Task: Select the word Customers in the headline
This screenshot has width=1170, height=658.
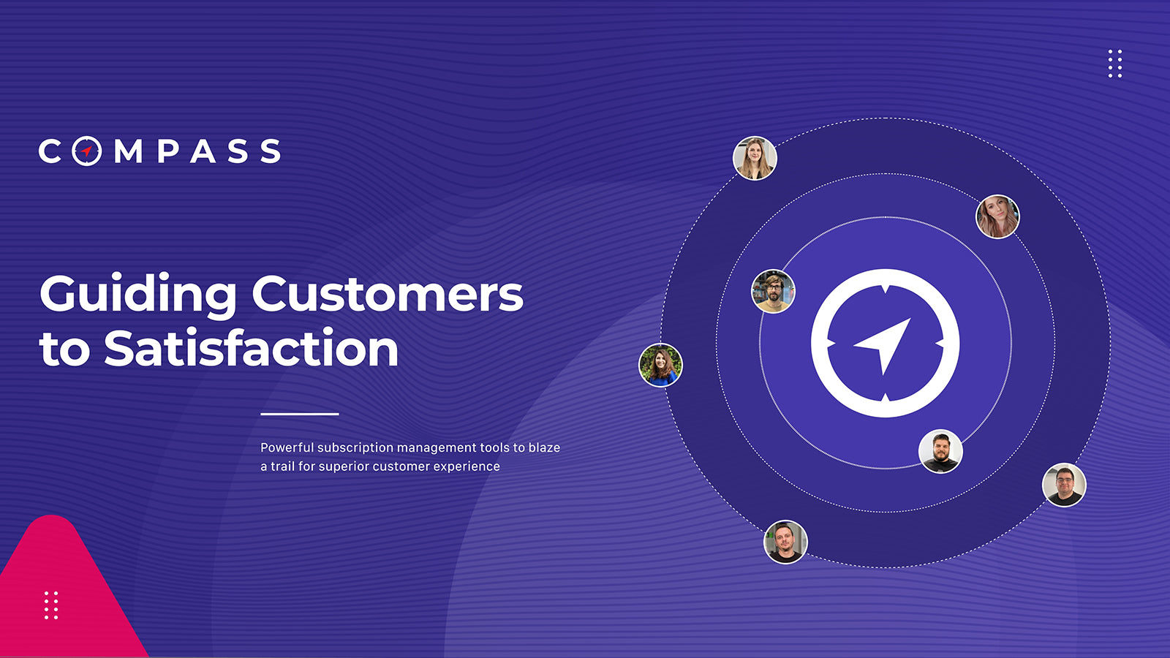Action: (x=388, y=294)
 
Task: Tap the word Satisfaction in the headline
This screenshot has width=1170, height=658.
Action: (x=252, y=348)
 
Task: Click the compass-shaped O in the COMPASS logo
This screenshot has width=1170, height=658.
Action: (x=87, y=151)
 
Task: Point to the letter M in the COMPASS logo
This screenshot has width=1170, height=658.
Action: (x=129, y=151)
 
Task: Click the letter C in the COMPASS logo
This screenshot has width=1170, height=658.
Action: (x=50, y=151)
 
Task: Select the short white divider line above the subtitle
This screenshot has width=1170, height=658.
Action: (x=300, y=414)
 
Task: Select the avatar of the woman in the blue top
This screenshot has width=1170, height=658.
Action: (x=661, y=365)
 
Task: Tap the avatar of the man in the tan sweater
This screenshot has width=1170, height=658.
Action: (x=773, y=291)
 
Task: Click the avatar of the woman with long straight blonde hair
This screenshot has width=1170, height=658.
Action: (x=755, y=158)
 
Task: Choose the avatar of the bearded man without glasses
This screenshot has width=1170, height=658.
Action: (x=940, y=451)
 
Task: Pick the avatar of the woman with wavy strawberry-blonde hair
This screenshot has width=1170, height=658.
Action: (x=997, y=216)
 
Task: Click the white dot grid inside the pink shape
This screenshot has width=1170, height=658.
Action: (x=51, y=605)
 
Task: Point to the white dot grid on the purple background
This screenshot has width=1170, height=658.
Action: (x=1115, y=64)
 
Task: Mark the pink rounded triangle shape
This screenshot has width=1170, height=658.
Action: (x=63, y=595)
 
